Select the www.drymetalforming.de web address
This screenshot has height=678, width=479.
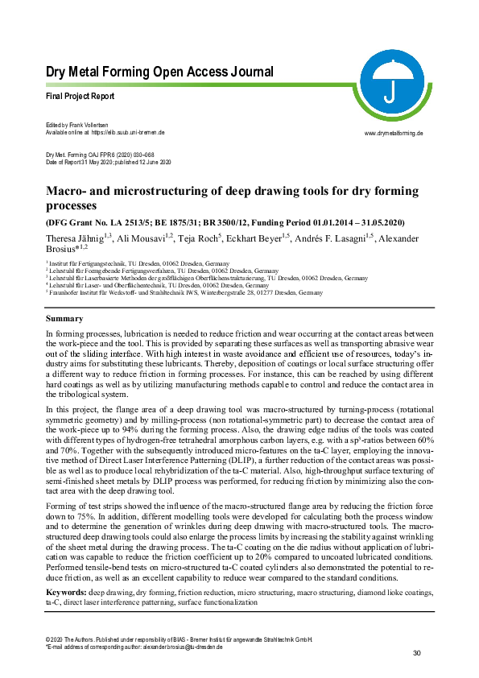394,132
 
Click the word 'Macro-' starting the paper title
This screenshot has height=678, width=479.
68,191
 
